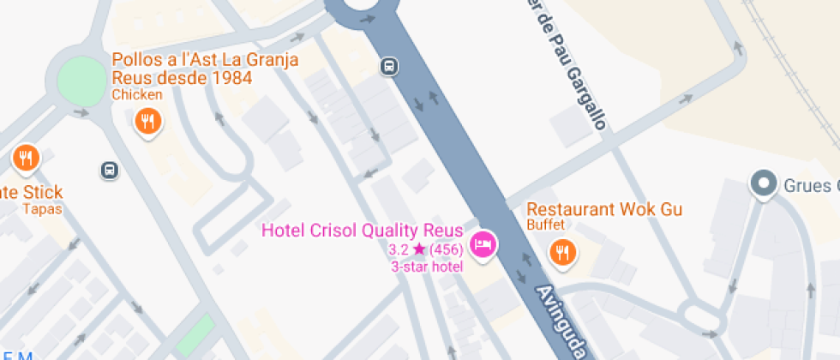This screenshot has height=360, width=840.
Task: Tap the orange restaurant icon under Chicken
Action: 148,122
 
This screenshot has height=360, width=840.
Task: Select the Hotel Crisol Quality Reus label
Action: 362,231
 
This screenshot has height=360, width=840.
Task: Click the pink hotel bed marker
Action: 484,244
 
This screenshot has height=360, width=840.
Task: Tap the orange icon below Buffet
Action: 562,252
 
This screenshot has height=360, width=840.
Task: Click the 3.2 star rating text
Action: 407,249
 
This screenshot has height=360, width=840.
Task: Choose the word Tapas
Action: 42,208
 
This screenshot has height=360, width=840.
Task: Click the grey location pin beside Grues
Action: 762,184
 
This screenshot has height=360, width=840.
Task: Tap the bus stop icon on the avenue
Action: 390,66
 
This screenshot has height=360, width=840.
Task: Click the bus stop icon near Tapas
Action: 110,170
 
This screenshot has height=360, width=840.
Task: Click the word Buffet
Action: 545,225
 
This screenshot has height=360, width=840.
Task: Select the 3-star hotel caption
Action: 427,267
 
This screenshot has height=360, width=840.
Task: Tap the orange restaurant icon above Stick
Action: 26,158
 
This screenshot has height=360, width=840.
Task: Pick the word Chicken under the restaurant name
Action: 137,94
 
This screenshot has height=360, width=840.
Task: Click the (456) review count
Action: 447,249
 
